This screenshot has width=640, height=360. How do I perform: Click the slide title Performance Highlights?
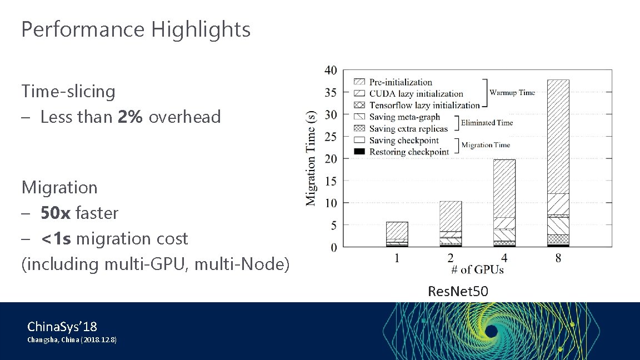(x=136, y=29)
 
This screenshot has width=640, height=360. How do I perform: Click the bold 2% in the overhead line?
(x=129, y=117)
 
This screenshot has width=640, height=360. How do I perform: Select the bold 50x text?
(x=55, y=213)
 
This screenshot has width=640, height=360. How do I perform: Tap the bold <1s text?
(x=56, y=238)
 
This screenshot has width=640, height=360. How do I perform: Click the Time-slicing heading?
(x=68, y=91)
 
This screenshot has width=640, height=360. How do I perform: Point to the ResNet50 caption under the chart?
(x=458, y=291)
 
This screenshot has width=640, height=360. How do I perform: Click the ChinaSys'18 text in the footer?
(x=62, y=326)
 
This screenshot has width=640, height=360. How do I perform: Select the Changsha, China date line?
(x=72, y=339)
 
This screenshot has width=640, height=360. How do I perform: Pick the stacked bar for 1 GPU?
(x=397, y=234)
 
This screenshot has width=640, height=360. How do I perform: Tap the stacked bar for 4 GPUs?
(x=504, y=203)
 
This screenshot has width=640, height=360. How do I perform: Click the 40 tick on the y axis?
(x=330, y=70)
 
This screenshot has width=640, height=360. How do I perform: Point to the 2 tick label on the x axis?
(x=451, y=258)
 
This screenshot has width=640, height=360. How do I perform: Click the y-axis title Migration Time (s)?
(x=312, y=158)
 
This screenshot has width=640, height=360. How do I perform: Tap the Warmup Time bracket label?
(x=512, y=93)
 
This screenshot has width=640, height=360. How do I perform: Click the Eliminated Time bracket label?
(x=487, y=123)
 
